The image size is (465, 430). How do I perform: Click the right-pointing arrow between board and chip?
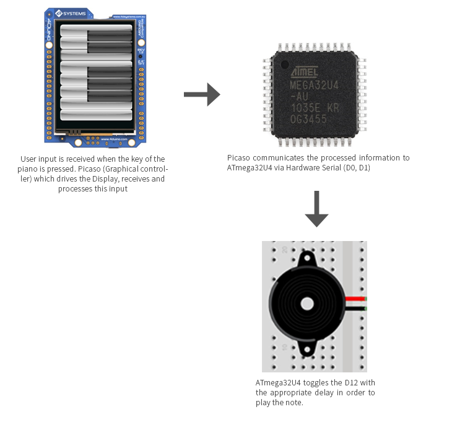pyautogui.click(x=202, y=94)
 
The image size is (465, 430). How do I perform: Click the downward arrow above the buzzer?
pyautogui.click(x=316, y=209)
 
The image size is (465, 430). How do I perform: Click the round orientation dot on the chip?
pyautogui.click(x=284, y=64)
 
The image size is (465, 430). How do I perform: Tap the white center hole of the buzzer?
pyautogui.click(x=307, y=304)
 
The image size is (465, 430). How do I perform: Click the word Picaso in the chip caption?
pyautogui.click(x=238, y=158)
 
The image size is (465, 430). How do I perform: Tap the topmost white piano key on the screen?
pyautogui.click(x=74, y=29)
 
